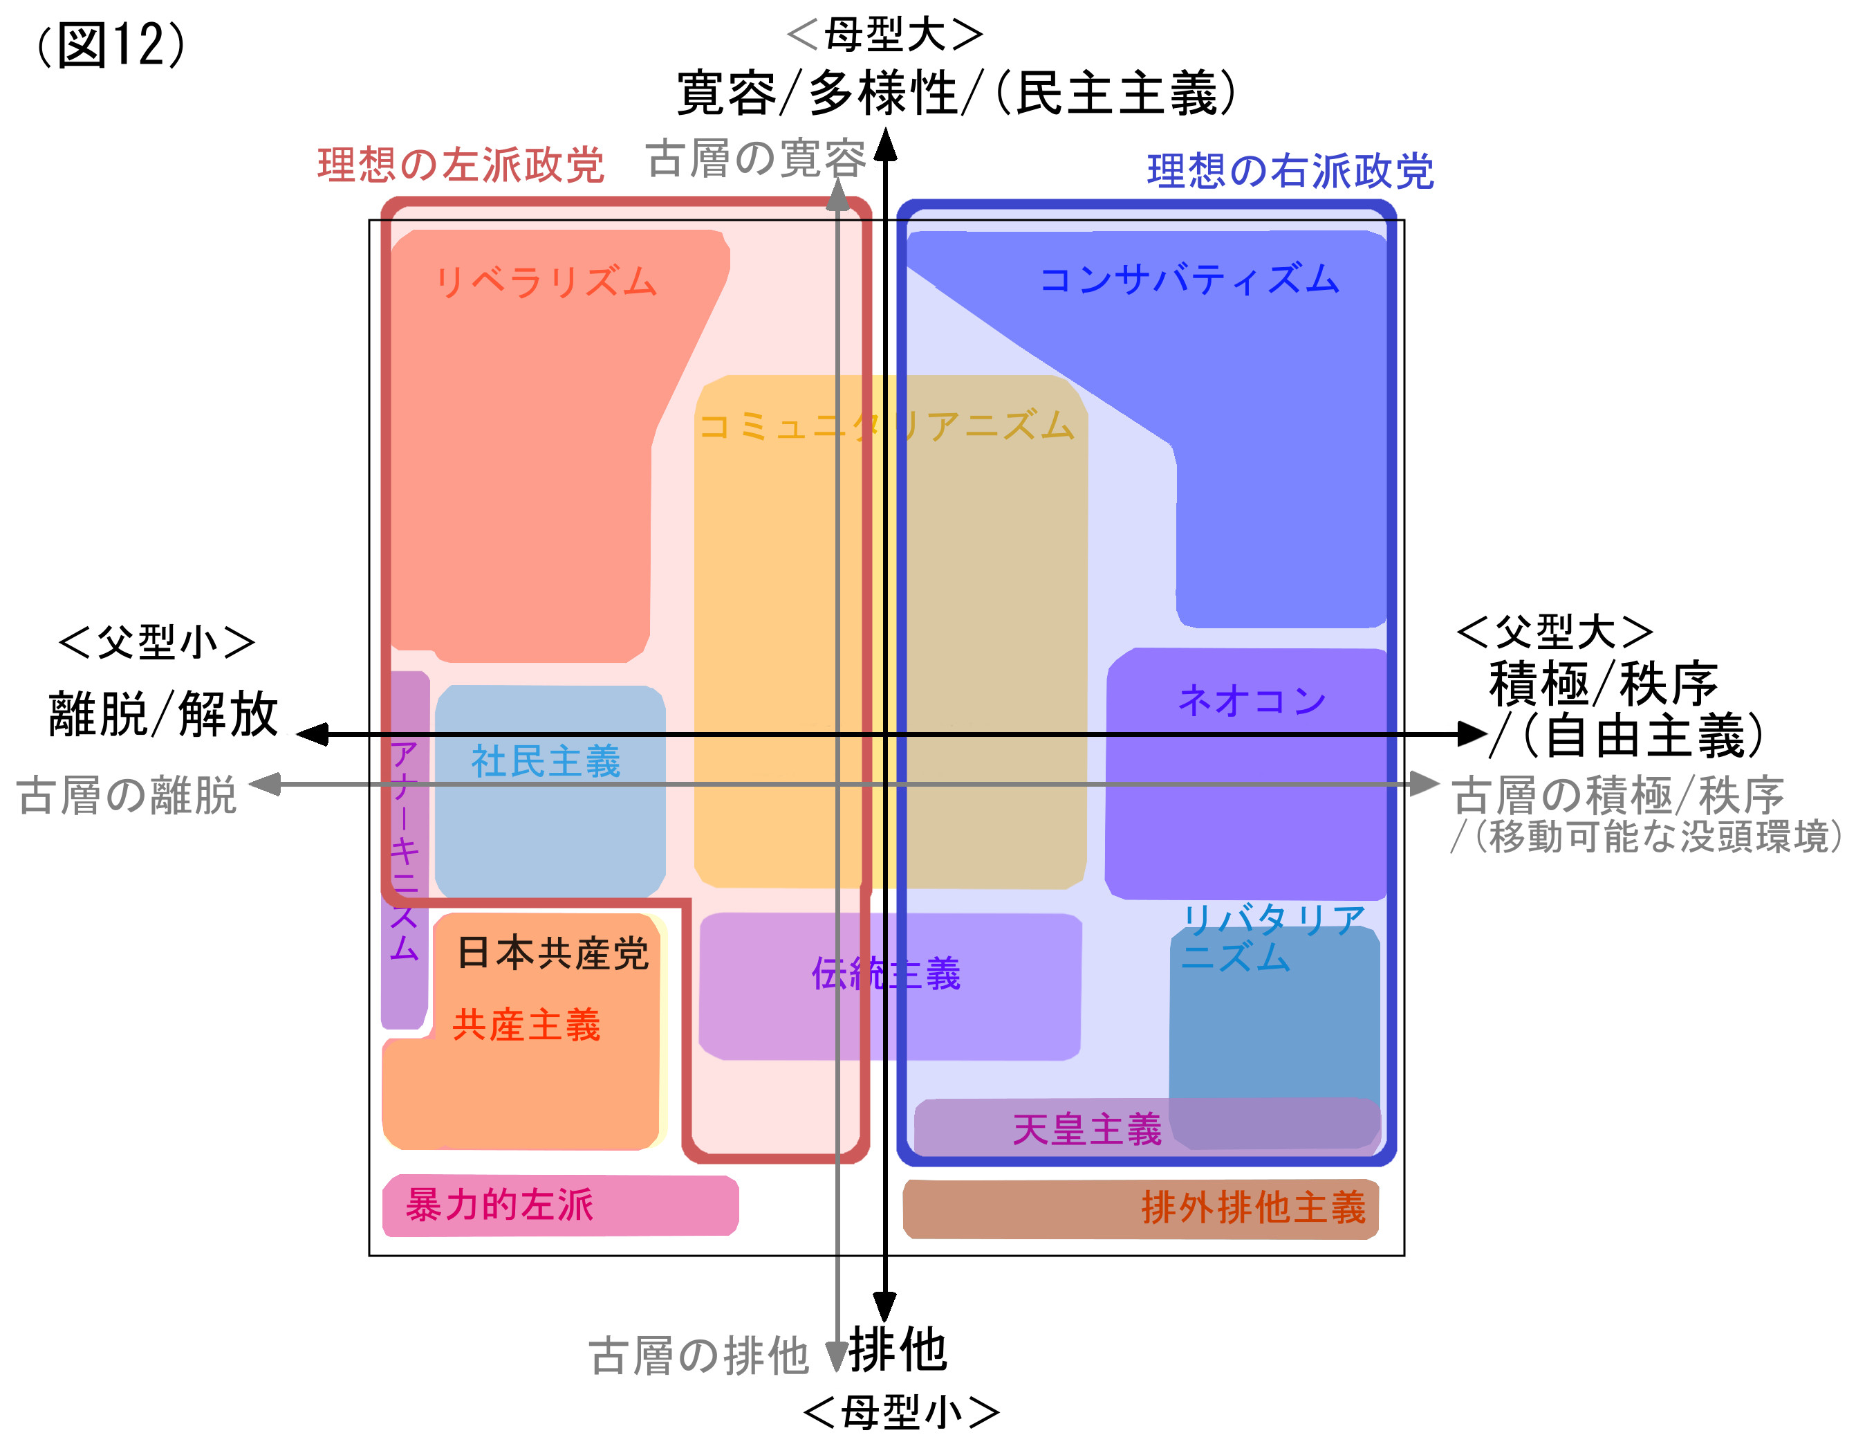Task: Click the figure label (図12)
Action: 111,44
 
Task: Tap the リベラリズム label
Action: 546,282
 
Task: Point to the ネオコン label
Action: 1252,701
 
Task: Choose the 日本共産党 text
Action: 553,953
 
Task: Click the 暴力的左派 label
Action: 499,1205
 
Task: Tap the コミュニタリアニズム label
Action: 887,426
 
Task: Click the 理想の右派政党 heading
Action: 1290,171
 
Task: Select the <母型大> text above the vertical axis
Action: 885,34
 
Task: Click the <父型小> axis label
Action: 156,641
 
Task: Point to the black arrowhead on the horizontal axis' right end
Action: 1471,733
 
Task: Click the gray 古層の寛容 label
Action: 755,158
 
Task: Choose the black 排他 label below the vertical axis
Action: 898,1349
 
